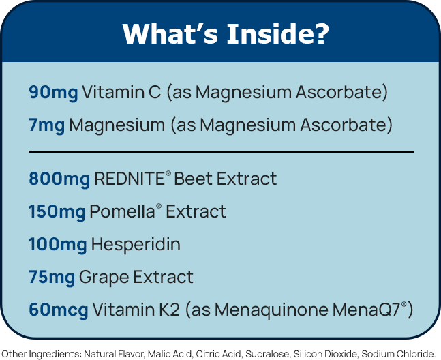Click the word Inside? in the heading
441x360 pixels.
[x=277, y=33]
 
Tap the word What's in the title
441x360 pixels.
[x=170, y=33]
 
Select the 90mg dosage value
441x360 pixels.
[x=53, y=93]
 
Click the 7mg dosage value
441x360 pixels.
[x=46, y=125]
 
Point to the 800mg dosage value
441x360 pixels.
[x=59, y=179]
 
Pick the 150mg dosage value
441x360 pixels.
[x=57, y=212]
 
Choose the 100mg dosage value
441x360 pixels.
[x=58, y=244]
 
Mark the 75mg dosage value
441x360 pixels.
[x=52, y=277]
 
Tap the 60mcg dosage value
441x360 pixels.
[x=59, y=310]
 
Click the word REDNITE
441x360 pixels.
[x=130, y=179]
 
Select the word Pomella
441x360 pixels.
[x=122, y=211]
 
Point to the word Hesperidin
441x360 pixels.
[x=136, y=244]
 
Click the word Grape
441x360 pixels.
[x=104, y=277]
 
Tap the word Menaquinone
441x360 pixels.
[x=271, y=310]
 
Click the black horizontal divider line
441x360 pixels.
[x=222, y=152]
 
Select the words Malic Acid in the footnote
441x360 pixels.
[x=170, y=354]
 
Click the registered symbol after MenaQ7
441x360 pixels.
[x=404, y=304]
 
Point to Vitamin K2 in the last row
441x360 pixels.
[x=136, y=310]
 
